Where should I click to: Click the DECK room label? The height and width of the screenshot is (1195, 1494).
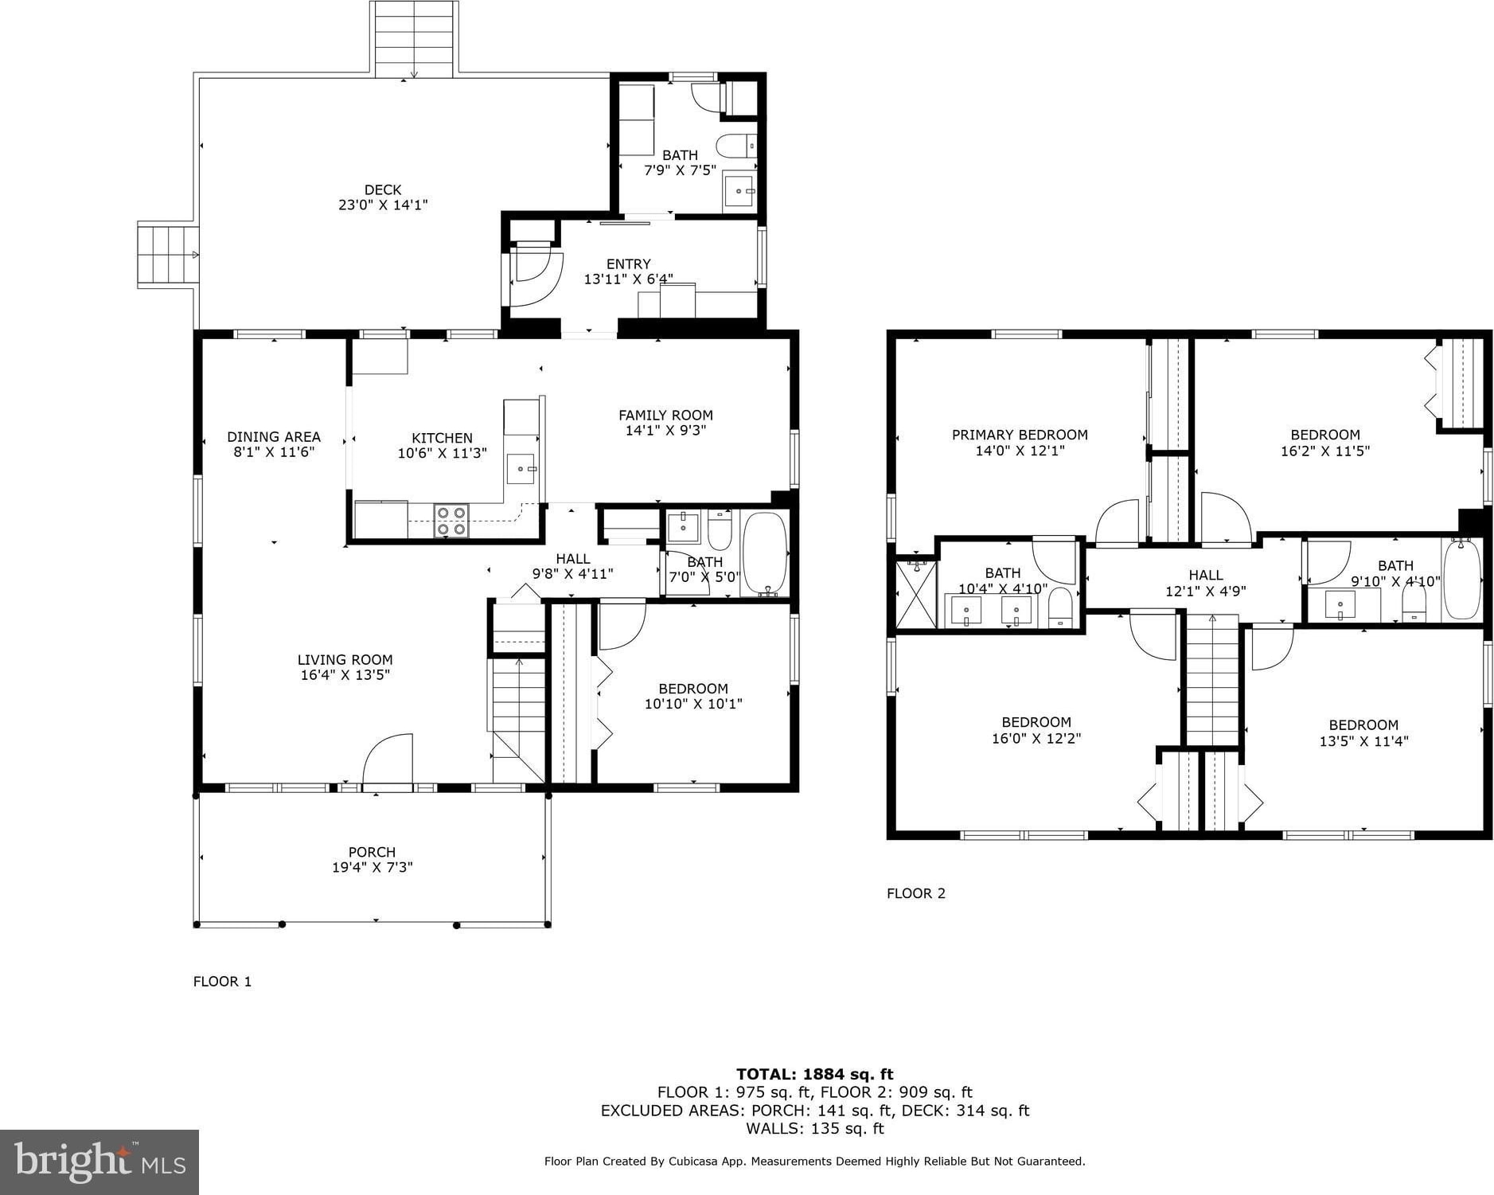point(383,189)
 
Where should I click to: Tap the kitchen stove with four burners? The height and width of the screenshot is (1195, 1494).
point(451,521)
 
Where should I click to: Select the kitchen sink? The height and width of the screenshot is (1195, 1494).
point(521,469)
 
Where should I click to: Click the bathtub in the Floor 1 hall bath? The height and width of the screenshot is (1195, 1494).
point(765,553)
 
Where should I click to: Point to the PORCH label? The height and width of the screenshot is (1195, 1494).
point(372,852)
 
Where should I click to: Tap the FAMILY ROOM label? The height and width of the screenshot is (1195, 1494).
point(665,415)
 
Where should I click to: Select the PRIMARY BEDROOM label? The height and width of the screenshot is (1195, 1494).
point(1020,435)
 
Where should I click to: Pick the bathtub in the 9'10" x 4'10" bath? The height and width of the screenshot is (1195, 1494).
point(1461,579)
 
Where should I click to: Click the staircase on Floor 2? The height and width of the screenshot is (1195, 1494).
point(1212,680)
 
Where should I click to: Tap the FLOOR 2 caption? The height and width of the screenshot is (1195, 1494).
point(916,893)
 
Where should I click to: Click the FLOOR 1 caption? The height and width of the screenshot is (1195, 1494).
point(222,982)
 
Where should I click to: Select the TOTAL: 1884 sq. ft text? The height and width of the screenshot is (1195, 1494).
point(814,1074)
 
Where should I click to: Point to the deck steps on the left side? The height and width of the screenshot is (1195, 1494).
point(167,255)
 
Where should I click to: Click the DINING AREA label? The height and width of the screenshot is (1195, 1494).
point(274,436)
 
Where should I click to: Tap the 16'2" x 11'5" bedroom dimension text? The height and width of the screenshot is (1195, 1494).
point(1325,451)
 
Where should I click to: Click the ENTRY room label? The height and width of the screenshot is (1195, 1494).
point(628,264)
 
